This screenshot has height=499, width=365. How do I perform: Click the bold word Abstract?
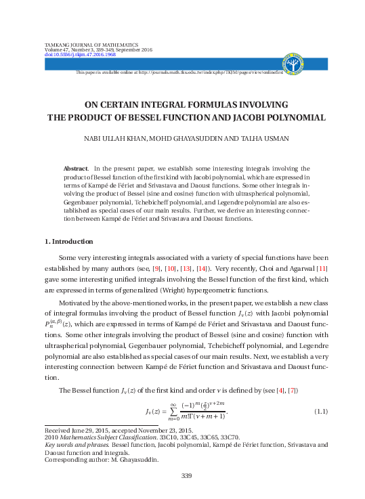74,168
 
